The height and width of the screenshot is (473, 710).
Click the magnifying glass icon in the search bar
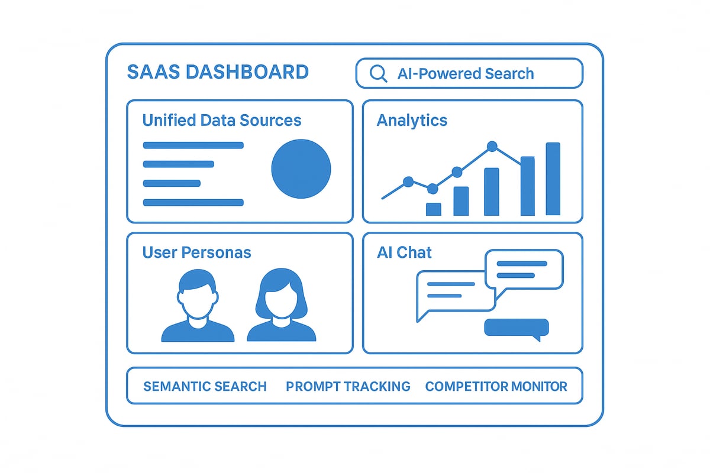[378, 73]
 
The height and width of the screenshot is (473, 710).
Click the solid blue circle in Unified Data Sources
[301, 169]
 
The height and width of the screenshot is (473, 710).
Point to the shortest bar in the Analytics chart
[434, 209]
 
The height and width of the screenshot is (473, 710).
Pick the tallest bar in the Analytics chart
[553, 179]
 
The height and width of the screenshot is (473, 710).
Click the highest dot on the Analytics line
[492, 145]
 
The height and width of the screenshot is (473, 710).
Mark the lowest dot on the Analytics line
[433, 189]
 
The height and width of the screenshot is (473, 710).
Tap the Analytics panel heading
[412, 121]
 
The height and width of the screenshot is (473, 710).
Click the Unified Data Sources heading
[222, 121]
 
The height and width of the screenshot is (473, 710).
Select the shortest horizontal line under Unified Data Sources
[172, 183]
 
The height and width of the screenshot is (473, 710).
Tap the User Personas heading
[196, 252]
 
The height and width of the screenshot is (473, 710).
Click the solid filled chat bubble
[517, 328]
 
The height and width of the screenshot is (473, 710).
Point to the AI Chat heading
[404, 252]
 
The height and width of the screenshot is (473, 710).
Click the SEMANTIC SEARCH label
[205, 387]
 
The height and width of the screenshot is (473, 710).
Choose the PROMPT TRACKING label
[348, 387]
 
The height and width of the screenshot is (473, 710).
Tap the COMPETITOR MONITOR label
[496, 387]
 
